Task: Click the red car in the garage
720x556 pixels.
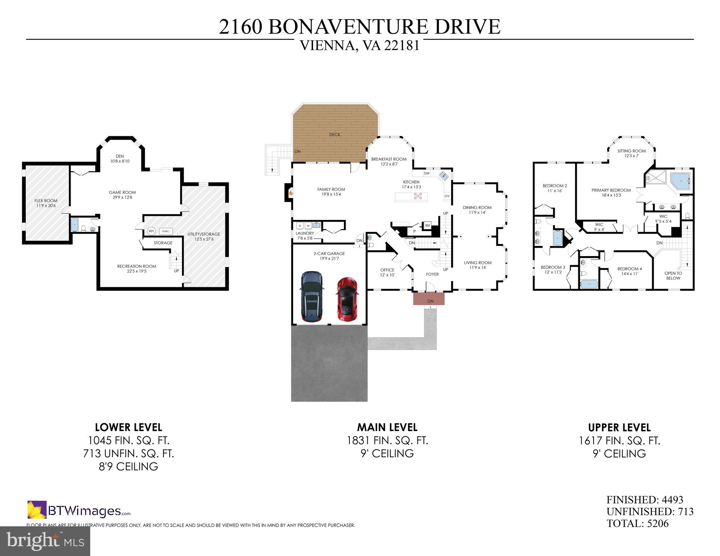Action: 347,299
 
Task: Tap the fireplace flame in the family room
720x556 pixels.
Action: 290,193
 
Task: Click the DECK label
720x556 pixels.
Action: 334,134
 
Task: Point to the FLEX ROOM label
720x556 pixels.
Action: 46,201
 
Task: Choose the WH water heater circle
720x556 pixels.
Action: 151,231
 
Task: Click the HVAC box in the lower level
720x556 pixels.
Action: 166,231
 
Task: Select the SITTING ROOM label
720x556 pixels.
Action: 632,151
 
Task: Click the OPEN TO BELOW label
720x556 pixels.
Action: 673,276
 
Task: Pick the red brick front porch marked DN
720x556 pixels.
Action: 429,299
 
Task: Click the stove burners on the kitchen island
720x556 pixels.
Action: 418,196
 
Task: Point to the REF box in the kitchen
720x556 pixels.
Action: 428,225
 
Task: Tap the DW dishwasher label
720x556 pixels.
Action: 426,174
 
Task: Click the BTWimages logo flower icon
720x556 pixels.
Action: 37,510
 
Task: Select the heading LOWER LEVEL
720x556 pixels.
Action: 128,427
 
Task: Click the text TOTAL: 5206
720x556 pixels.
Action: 637,523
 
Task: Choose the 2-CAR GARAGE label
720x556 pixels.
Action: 329,254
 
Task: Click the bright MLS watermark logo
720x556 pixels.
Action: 45,541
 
